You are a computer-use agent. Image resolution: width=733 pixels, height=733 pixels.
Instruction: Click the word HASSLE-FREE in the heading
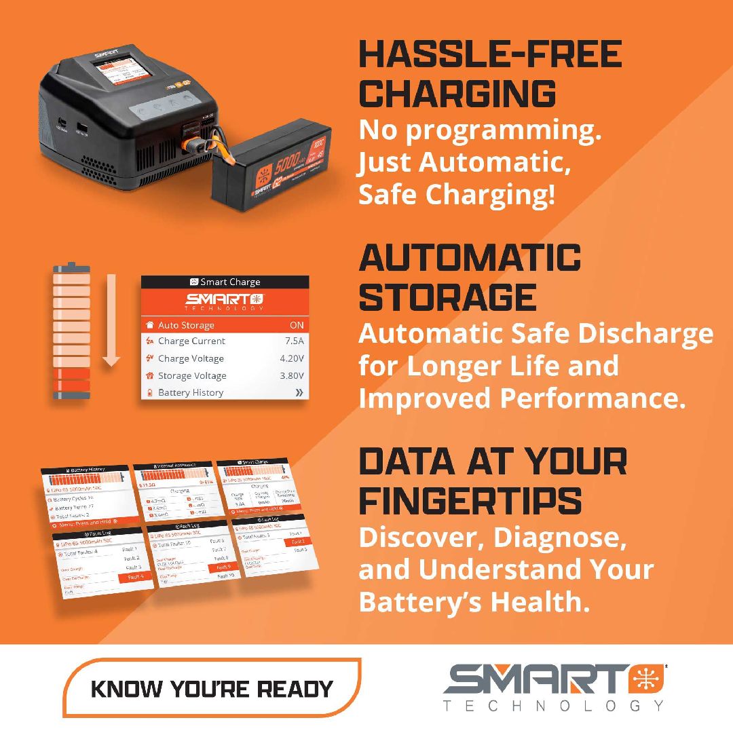click(489, 55)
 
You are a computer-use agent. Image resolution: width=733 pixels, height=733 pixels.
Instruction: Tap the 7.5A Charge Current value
click(295, 341)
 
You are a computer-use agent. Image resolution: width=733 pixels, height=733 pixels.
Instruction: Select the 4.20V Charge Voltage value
click(292, 358)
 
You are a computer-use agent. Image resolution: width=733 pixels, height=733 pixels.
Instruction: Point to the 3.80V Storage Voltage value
click(292, 376)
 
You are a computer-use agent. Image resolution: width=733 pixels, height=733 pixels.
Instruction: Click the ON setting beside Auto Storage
click(296, 325)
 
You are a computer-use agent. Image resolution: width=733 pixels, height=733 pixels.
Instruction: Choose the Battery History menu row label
click(190, 393)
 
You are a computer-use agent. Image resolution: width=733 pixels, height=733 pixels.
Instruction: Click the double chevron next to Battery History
click(297, 393)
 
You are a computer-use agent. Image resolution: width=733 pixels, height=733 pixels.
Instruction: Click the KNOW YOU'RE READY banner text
click(212, 689)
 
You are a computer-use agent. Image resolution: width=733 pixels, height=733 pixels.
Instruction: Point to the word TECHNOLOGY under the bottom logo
click(553, 706)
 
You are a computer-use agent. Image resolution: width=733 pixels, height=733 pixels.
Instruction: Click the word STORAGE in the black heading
click(447, 297)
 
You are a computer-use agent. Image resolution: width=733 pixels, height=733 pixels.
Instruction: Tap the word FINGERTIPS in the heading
click(470, 501)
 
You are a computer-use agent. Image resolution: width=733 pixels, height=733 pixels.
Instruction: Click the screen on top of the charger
click(113, 73)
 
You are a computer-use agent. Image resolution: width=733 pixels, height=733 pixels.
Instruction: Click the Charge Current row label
click(191, 341)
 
